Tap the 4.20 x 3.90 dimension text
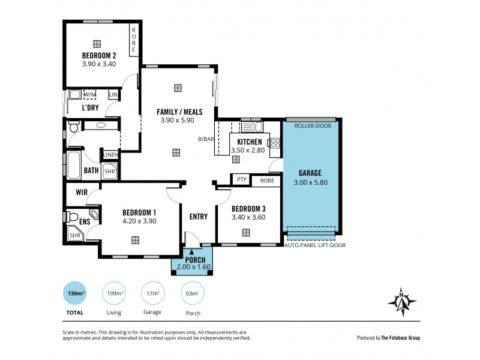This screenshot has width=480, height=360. pos(139,221)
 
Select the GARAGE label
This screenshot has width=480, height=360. pos(311,173)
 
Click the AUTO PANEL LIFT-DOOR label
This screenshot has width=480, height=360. pos(315,245)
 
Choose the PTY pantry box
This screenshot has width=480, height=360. pos(242,179)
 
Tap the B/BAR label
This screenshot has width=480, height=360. pos(206,140)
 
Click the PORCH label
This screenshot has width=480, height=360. pos(195,259)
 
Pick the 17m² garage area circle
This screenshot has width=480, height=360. pos(153,293)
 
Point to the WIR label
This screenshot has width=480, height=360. pos(82,193)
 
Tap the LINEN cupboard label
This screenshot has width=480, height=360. pos(110,155)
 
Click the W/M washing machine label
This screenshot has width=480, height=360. pos(89,95)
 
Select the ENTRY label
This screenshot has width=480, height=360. pos(198,217)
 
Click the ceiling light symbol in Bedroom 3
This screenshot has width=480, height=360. pos(246,232)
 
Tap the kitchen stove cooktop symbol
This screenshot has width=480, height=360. pos(276,143)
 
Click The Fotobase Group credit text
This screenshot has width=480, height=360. pos(400,338)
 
